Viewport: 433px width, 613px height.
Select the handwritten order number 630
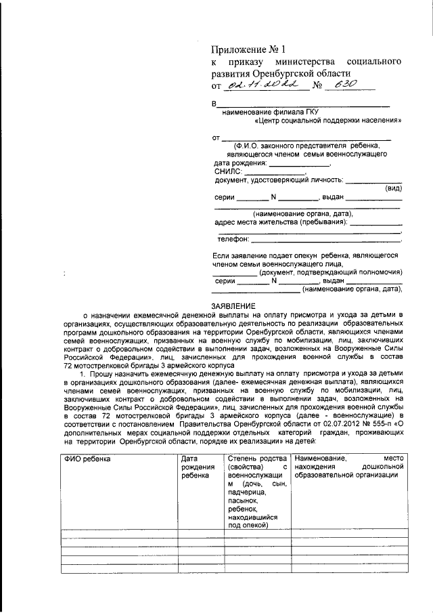340,84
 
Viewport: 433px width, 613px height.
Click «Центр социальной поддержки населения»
328,122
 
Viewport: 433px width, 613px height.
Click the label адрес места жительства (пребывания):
281,222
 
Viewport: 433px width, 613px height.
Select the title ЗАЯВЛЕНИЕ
236,306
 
